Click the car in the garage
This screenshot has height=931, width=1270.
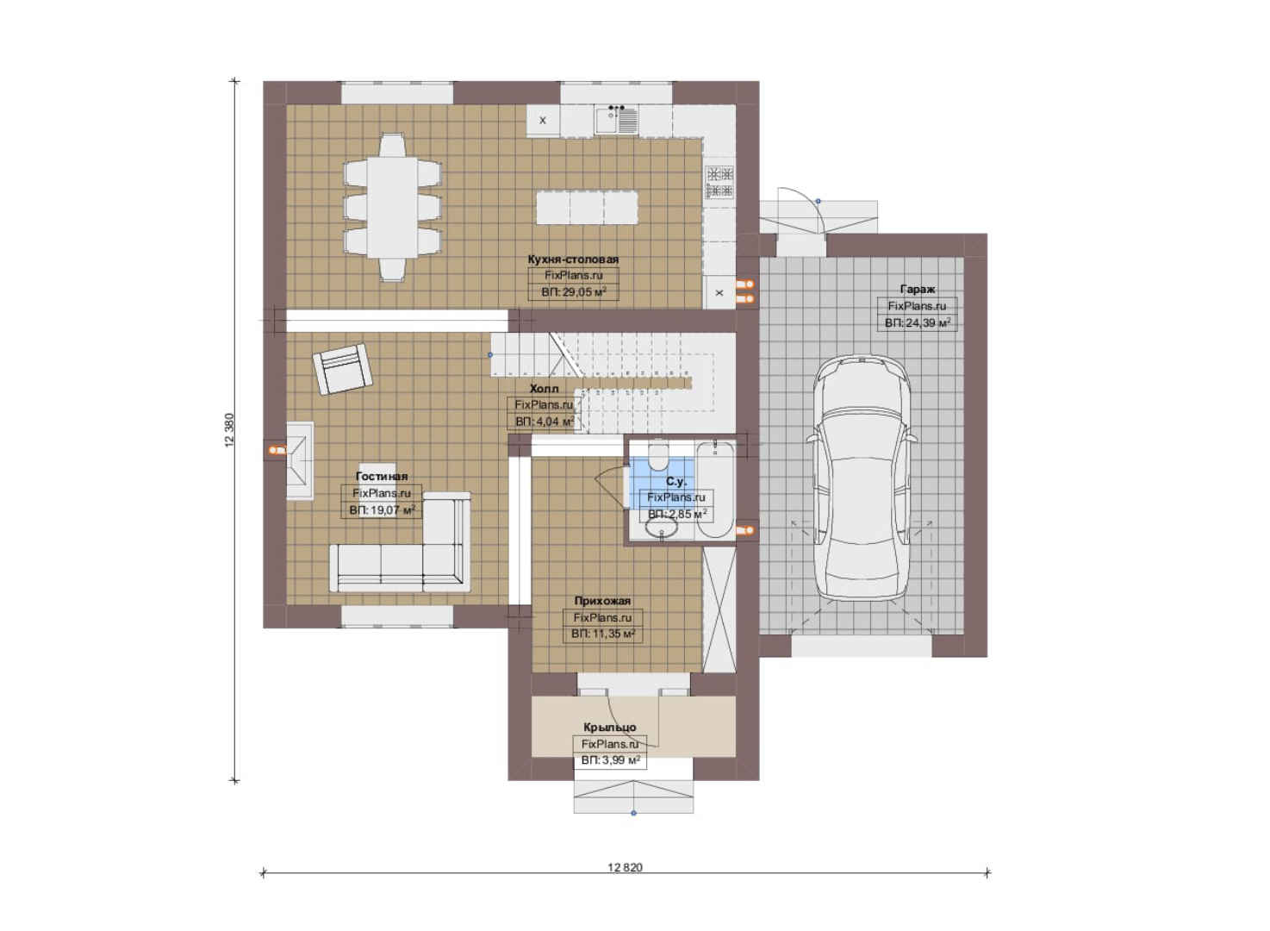pyautogui.click(x=862, y=478)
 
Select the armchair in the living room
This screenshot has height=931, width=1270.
pyautogui.click(x=342, y=369)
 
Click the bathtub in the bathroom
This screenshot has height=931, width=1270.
pyautogui.click(x=714, y=490)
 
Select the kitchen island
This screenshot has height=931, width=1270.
pyautogui.click(x=587, y=208)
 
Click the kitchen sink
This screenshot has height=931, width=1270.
pyautogui.click(x=616, y=120)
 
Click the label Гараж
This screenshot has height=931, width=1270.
pyautogui.click(x=918, y=290)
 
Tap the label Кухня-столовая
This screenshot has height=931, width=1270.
pyautogui.click(x=573, y=259)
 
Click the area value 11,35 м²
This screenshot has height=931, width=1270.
pyautogui.click(x=602, y=634)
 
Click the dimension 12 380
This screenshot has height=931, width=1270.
pyautogui.click(x=229, y=430)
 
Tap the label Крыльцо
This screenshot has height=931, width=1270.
pyautogui.click(x=610, y=728)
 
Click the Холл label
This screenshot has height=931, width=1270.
pyautogui.click(x=544, y=389)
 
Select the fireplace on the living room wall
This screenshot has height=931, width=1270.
pyautogui.click(x=299, y=460)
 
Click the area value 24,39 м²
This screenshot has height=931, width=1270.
pyautogui.click(x=918, y=323)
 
